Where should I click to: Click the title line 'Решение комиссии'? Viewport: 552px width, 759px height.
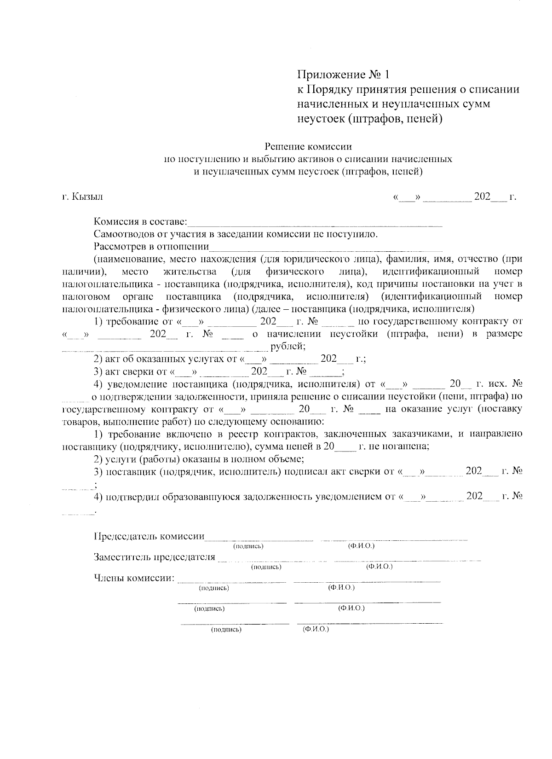308,147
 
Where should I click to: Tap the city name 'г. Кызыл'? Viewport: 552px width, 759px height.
83,197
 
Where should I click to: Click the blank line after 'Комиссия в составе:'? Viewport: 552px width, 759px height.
315,224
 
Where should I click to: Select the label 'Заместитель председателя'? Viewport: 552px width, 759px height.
154,557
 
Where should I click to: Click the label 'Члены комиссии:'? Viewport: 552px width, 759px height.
134,578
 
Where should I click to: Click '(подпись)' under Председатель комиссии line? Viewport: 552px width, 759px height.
248,546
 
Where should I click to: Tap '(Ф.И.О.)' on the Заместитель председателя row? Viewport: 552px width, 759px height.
379,567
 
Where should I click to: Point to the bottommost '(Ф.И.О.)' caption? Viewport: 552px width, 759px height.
316,629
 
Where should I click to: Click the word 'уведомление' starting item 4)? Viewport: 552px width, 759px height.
132,383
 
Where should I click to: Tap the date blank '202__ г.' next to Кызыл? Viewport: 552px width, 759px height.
494,197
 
